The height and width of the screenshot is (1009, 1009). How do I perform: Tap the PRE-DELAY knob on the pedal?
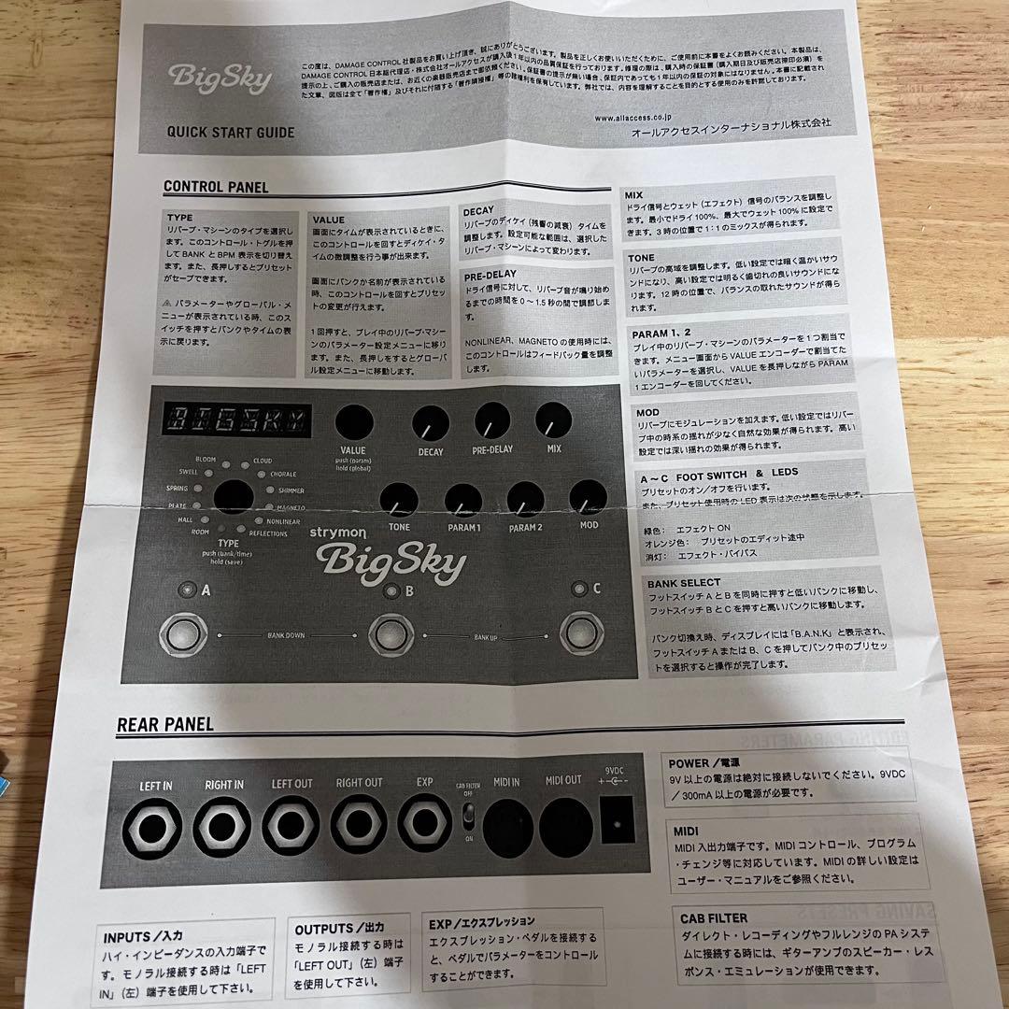(492, 422)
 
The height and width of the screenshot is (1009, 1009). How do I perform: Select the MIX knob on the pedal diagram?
(553, 420)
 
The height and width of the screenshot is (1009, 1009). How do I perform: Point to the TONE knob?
(399, 502)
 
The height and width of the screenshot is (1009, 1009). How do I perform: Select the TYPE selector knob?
(234, 499)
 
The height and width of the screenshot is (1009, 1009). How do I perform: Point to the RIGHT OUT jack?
(361, 828)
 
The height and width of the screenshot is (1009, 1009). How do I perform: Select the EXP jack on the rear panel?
(425, 827)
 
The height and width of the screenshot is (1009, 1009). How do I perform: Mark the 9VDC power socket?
(615, 823)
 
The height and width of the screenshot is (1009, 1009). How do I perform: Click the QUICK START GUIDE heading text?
(230, 133)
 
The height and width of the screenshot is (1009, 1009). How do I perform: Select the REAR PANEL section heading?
(165, 724)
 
